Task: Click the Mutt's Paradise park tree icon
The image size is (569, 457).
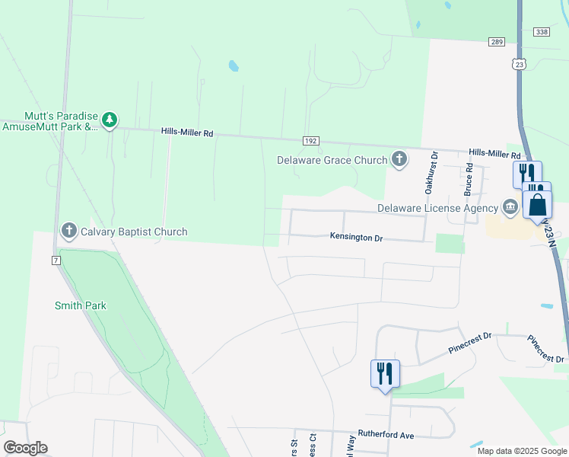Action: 110,120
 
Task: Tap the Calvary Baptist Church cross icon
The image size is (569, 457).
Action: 69,231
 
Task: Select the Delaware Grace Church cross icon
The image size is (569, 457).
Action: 399,160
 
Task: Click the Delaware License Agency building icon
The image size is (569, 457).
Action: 510,207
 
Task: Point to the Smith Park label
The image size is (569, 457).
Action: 80,305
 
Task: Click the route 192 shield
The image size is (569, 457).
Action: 310,141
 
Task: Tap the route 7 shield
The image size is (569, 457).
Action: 56,260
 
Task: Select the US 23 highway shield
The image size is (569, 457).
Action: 520,65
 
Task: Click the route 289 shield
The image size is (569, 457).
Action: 497,41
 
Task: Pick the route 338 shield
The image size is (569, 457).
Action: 542,31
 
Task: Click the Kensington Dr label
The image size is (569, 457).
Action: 356,238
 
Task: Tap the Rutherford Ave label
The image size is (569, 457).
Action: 386,436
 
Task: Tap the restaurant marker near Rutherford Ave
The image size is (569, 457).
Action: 385,374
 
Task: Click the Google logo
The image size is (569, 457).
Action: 25,448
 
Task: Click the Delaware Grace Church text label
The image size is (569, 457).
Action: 332,160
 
